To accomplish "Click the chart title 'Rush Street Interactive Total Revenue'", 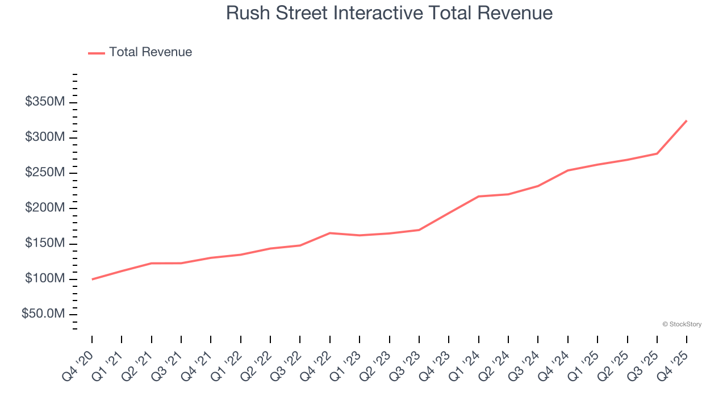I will pyautogui.click(x=389, y=12).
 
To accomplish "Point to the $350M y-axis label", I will pyautogui.click(x=44, y=102).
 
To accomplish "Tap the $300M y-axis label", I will pyautogui.click(x=44, y=137).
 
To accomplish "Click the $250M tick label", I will pyautogui.click(x=44, y=173).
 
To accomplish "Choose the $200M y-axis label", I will pyautogui.click(x=44, y=208).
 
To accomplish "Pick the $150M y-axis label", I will pyautogui.click(x=44, y=244).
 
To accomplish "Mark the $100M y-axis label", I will pyautogui.click(x=44, y=279).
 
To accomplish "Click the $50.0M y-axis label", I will pyautogui.click(x=43, y=314).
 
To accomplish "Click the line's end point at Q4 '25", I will pyautogui.click(x=687, y=120).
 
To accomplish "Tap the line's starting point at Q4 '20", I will pyautogui.click(x=92, y=279).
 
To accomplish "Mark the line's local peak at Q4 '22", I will pyautogui.click(x=330, y=233).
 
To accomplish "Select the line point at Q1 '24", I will pyautogui.click(x=479, y=197).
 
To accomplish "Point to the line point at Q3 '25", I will pyautogui.click(x=657, y=153).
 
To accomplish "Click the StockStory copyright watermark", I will pyautogui.click(x=682, y=324).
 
